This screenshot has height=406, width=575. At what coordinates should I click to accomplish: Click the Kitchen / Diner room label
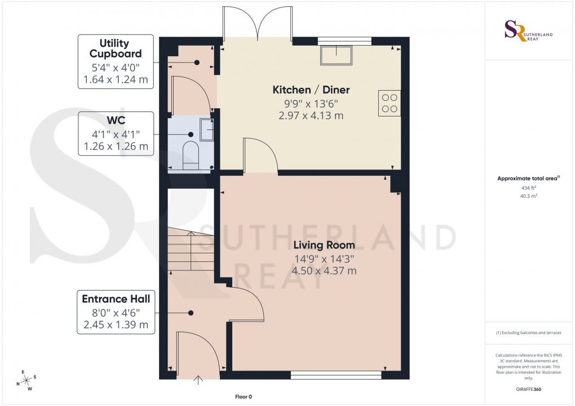coord(311,90)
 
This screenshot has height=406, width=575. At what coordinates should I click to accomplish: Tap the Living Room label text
coord(324,245)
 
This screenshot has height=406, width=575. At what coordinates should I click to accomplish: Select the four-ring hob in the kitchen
coord(390,103)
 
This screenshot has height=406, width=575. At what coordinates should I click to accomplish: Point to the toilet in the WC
coord(191,155)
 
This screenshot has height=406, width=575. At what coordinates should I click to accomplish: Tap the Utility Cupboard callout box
coord(116,62)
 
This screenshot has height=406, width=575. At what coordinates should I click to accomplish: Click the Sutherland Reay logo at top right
coord(529,32)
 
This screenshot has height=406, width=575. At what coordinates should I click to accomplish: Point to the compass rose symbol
coord(25,380)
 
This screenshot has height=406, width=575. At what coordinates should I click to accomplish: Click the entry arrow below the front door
coord(198,381)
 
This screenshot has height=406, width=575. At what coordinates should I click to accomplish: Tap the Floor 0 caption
coord(244,397)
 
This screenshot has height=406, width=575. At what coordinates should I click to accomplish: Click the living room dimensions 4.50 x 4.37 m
coord(324,271)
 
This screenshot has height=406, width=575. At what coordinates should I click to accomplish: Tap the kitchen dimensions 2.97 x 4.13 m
coord(311,115)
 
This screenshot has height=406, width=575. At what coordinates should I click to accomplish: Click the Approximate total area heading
coord(528,179)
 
